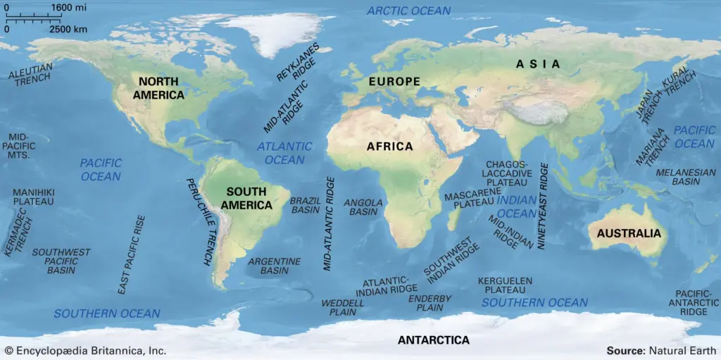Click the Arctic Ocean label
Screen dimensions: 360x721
pyautogui.click(x=409, y=11)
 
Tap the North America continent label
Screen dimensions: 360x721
pyautogui.click(x=161, y=88)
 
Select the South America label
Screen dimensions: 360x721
pyautogui.click(x=246, y=198)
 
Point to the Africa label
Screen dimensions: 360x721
pyautogui.click(x=389, y=147)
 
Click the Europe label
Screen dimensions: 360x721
pyautogui.click(x=394, y=82)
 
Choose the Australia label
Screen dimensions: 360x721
pyautogui.click(x=629, y=233)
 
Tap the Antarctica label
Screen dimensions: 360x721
pyautogui.click(x=433, y=340)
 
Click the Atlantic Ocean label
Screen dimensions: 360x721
pyautogui.click(x=284, y=153)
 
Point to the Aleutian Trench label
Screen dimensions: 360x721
pyautogui.click(x=30, y=75)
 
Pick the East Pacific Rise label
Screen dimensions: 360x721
pyautogui.click(x=131, y=254)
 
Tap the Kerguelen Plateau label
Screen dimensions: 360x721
pyautogui.click(x=506, y=285)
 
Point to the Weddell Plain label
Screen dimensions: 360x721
pyautogui.click(x=343, y=307)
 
